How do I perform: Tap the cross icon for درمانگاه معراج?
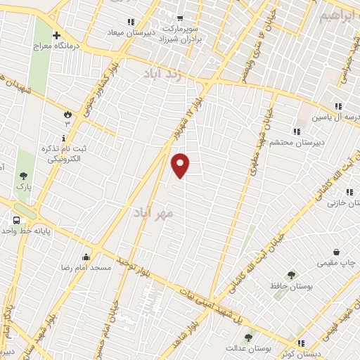coord(56,35)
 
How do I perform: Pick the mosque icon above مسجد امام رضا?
coord(86,257)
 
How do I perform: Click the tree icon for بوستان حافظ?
coord(291,275)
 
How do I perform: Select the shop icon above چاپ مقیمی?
coord(337,252)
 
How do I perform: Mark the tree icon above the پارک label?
coord(24,176)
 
